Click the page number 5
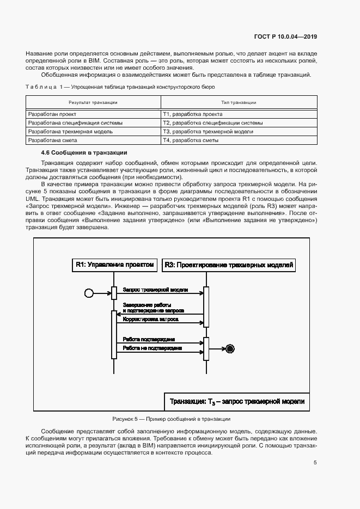click(x=315, y=463)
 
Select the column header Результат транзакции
click(x=93, y=102)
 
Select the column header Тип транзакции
click(x=239, y=102)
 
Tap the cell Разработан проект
click(x=52, y=115)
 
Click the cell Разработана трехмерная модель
click(x=70, y=132)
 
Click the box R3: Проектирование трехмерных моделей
click(x=229, y=265)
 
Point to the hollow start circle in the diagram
click(x=89, y=293)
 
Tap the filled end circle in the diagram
click(x=230, y=348)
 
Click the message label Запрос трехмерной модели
click(x=156, y=290)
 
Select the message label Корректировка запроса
click(x=150, y=319)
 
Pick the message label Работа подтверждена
click(x=149, y=338)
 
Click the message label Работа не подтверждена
click(x=152, y=347)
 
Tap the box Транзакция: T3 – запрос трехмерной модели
click(x=237, y=402)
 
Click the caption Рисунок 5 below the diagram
click(x=171, y=419)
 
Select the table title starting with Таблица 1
click(x=120, y=87)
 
